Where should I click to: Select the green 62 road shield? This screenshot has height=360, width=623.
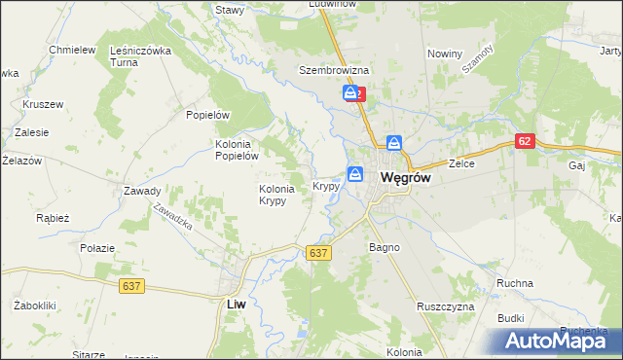click(x=526, y=141)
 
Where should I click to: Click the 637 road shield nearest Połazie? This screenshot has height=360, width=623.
click(x=134, y=286)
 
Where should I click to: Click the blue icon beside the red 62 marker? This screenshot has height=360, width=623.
click(x=348, y=93)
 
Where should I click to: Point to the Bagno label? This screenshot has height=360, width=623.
click(x=385, y=247)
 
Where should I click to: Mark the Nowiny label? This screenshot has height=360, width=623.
click(x=444, y=54)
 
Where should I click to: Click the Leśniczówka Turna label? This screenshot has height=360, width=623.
click(x=140, y=55)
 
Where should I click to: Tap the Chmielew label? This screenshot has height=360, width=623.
click(x=71, y=50)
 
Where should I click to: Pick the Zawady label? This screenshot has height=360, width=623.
click(x=142, y=191)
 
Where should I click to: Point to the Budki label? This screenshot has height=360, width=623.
click(x=511, y=318)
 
